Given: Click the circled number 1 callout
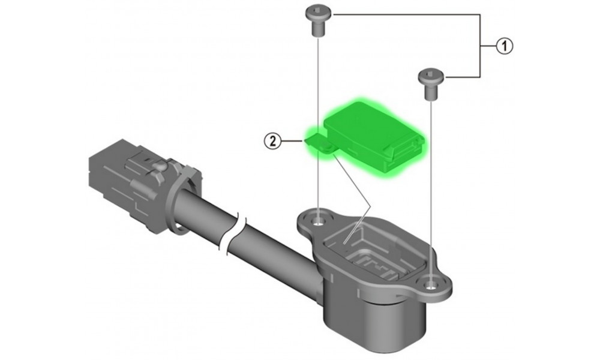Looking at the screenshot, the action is click(x=505, y=46).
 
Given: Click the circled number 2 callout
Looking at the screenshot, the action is click(x=273, y=141).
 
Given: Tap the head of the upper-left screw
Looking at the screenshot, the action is click(x=319, y=14).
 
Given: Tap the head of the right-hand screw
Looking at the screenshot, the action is click(x=431, y=76).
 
